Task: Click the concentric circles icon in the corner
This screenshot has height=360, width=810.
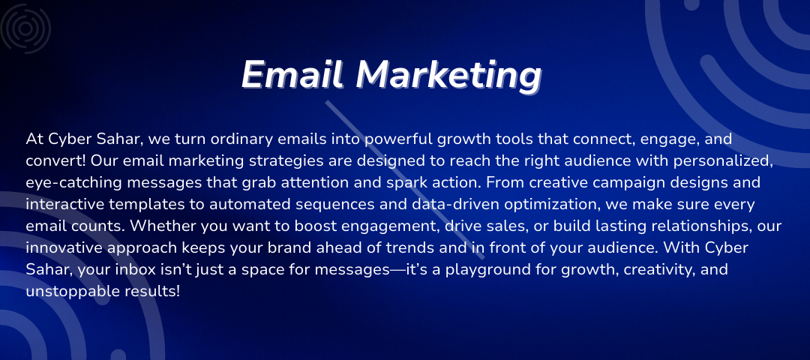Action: coord(25,28)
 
